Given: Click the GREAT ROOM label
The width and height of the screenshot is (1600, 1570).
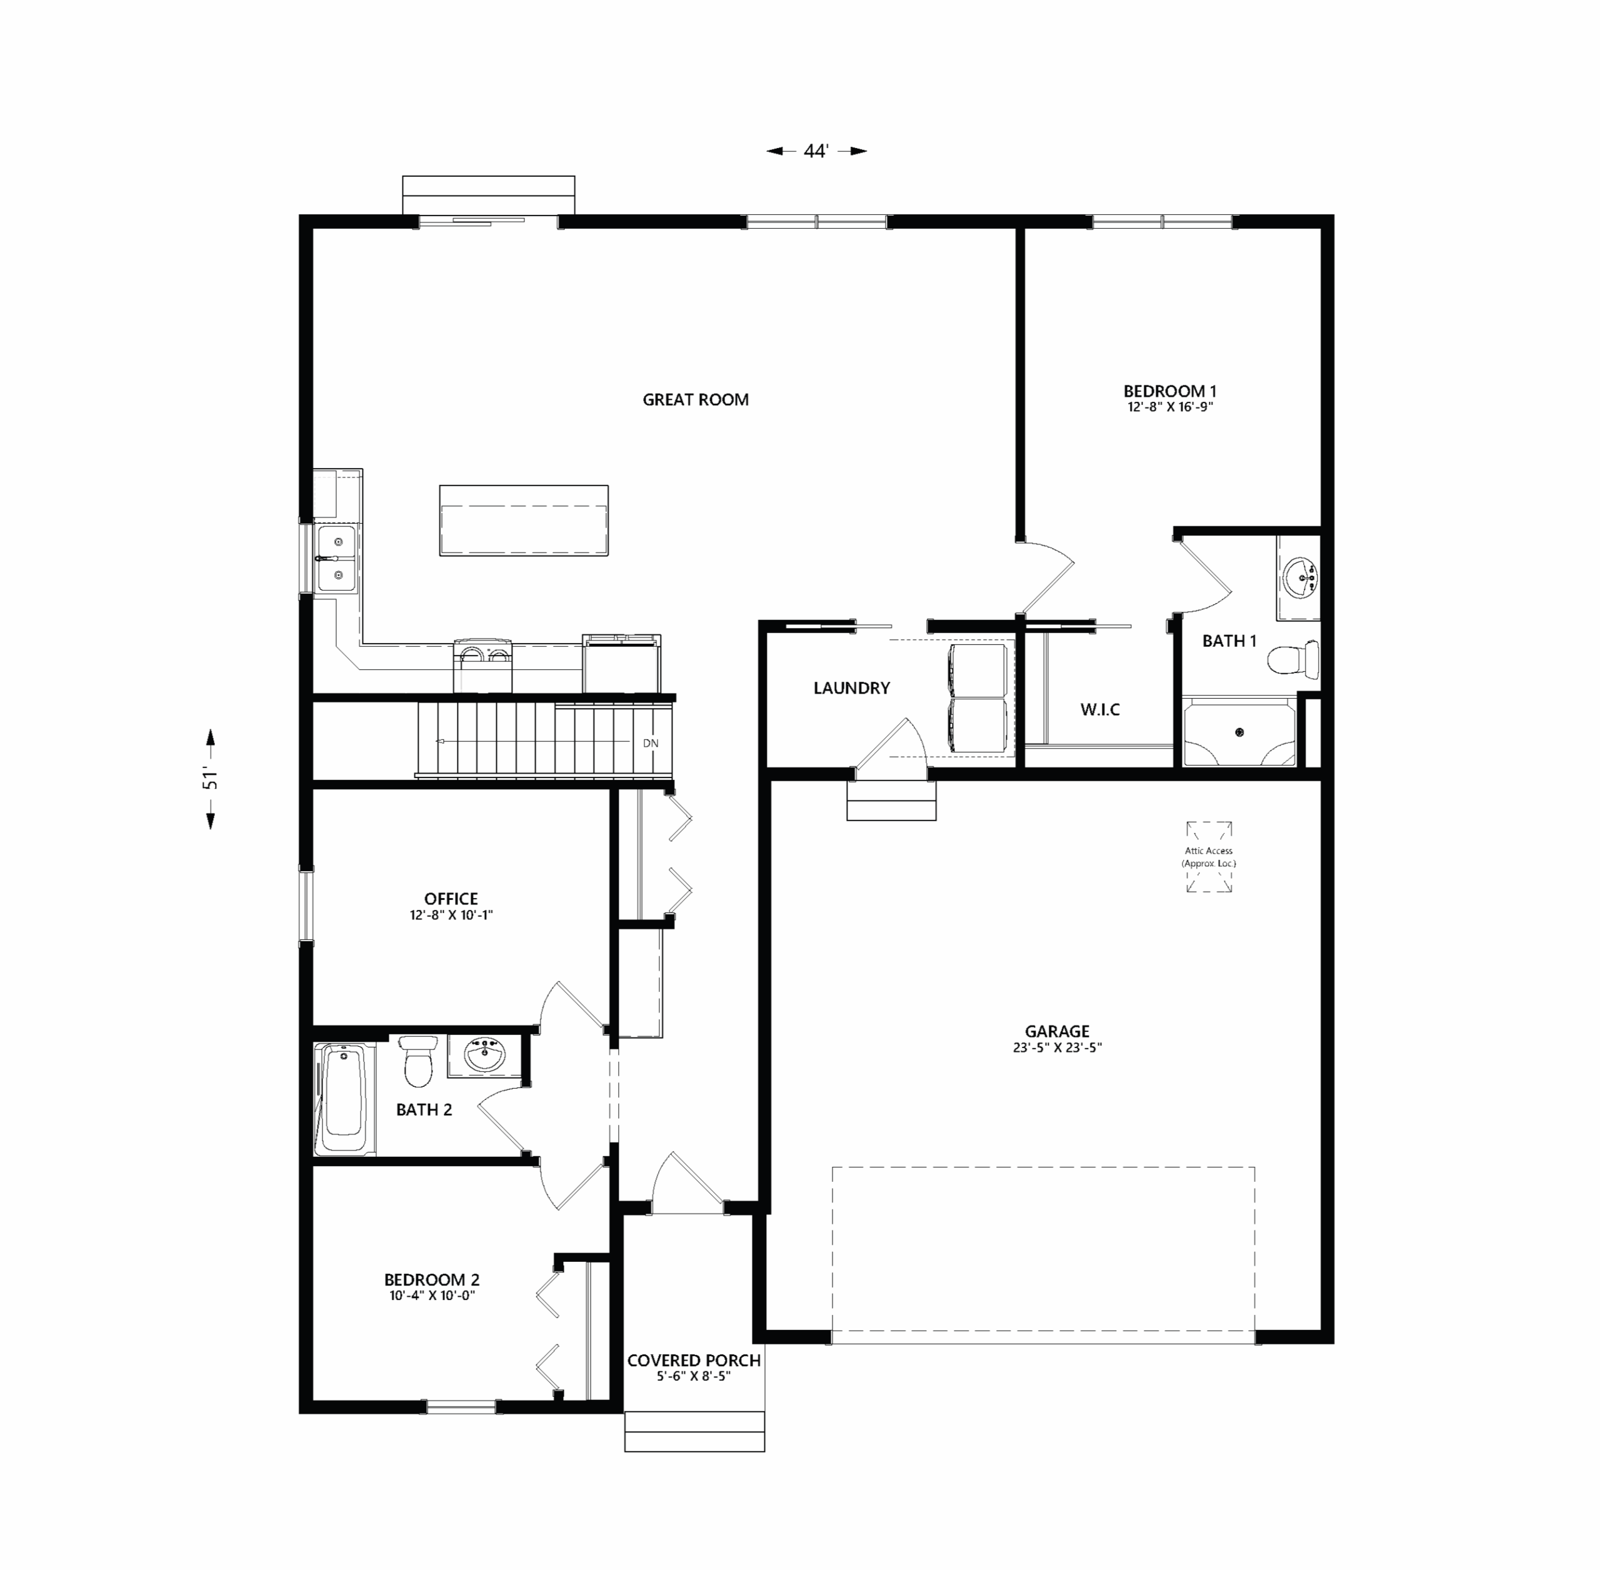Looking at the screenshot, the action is pos(695,400).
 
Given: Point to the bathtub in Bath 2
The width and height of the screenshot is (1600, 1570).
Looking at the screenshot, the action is pos(344,1099).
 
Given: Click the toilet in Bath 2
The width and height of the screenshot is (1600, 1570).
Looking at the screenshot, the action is pos(419,1061).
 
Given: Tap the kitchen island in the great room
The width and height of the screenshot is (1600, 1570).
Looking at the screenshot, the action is pos(524,520).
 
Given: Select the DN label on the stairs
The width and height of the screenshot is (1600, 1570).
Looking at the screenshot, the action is pos(651,743).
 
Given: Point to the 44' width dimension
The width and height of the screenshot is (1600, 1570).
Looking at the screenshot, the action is pos(816,151).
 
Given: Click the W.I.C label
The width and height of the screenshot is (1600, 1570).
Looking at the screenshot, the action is pos(1100,709).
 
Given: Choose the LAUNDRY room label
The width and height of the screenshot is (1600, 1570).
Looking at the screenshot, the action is pos(852,687).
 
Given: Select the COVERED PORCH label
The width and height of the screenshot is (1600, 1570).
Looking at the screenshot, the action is pos(694,1361).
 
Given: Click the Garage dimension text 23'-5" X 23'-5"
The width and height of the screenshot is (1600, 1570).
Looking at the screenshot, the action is pos(1057,1048).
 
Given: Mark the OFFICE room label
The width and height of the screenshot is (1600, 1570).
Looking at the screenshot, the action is pos(451,899).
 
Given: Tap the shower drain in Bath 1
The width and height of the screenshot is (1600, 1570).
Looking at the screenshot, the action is pos(1239,731).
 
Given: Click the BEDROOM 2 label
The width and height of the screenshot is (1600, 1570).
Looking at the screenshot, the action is pos(431,1280).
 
